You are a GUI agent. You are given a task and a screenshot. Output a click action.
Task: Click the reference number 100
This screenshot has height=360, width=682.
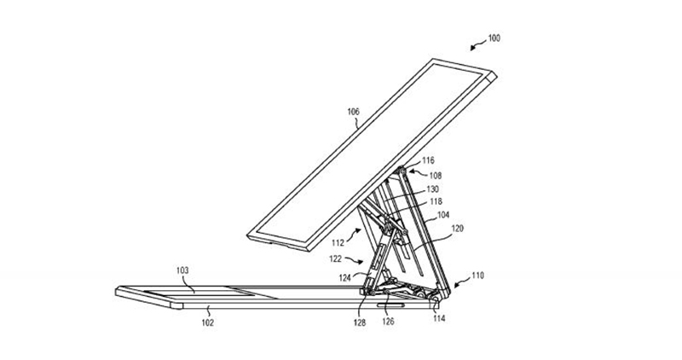(494, 38)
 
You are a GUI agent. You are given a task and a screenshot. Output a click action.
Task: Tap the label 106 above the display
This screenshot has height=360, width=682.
(353, 112)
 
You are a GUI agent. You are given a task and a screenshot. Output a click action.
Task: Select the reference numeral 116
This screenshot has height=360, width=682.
(428, 160)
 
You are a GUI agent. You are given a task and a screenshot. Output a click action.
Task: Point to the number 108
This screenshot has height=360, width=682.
(436, 176)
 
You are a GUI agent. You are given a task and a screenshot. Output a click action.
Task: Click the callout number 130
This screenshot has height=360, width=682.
(433, 189)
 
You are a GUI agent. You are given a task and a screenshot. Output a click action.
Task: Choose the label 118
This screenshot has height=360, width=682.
(436, 201)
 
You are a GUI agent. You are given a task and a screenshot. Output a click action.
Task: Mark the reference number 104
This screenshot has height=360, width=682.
(443, 215)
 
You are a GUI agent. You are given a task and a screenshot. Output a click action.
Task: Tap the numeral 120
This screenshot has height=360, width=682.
(457, 228)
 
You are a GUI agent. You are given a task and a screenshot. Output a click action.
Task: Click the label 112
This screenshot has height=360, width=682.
(338, 243)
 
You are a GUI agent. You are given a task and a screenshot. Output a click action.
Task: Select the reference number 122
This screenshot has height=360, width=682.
(335, 259)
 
